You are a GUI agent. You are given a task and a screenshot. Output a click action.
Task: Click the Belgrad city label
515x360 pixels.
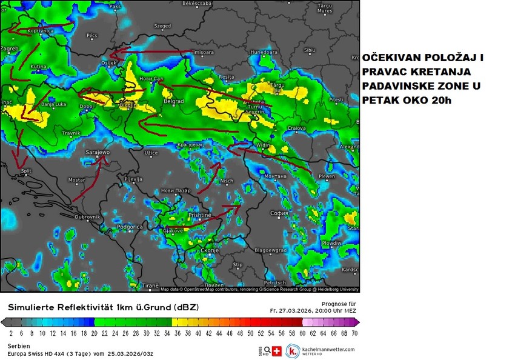pos(174,102)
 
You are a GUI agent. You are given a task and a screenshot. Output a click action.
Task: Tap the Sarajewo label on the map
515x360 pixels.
pos(98,152)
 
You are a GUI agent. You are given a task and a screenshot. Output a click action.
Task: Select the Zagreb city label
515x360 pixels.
pos(10,47)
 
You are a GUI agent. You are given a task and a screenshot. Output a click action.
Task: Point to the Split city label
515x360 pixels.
pos(26,172)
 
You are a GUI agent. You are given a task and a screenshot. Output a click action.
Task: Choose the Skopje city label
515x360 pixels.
pos(209,250)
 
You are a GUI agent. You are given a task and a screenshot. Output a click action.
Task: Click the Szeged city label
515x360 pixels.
pos(162,26)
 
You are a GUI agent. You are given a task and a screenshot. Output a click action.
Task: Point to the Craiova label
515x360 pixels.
pos(296,128)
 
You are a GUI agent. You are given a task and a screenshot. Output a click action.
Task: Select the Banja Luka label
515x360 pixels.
pos(53,105)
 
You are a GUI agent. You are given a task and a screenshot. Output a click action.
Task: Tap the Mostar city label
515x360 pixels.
pos(76,180)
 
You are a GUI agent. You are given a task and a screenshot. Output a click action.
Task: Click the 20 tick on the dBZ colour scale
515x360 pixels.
pos(94,333)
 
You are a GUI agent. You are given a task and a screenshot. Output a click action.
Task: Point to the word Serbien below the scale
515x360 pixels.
pos(19,345)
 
